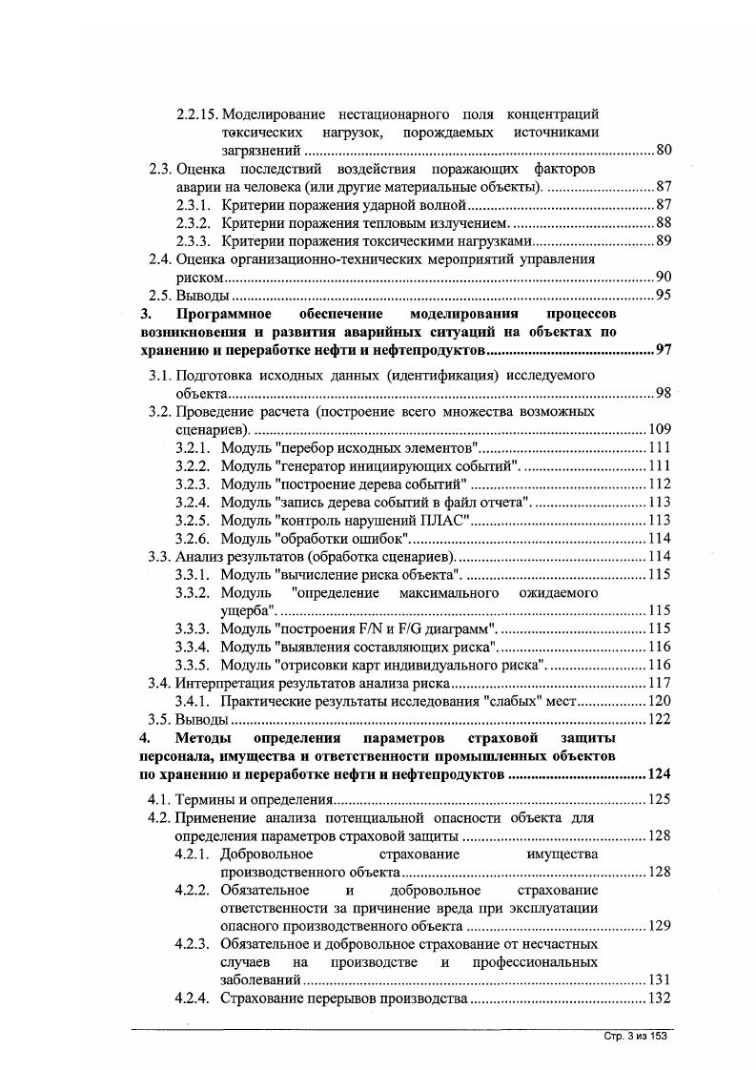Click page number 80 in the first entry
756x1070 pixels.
pyautogui.click(x=664, y=151)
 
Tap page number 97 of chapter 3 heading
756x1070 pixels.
pyautogui.click(x=664, y=351)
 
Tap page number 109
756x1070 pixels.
pyautogui.click(x=660, y=429)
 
